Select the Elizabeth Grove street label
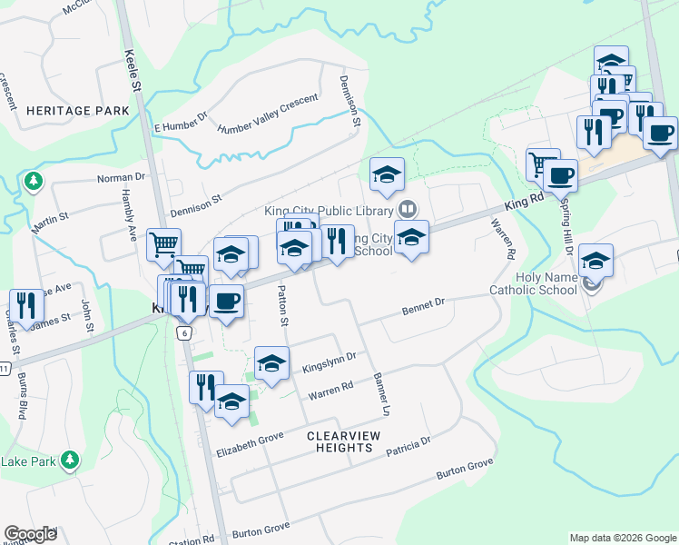pos(251,449)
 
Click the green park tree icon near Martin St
pos(34,180)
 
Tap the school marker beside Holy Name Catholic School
pos(595,261)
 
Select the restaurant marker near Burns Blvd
pos(25,303)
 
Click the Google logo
pos(30,534)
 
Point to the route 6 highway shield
pos(184,333)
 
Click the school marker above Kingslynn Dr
pos(271,363)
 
